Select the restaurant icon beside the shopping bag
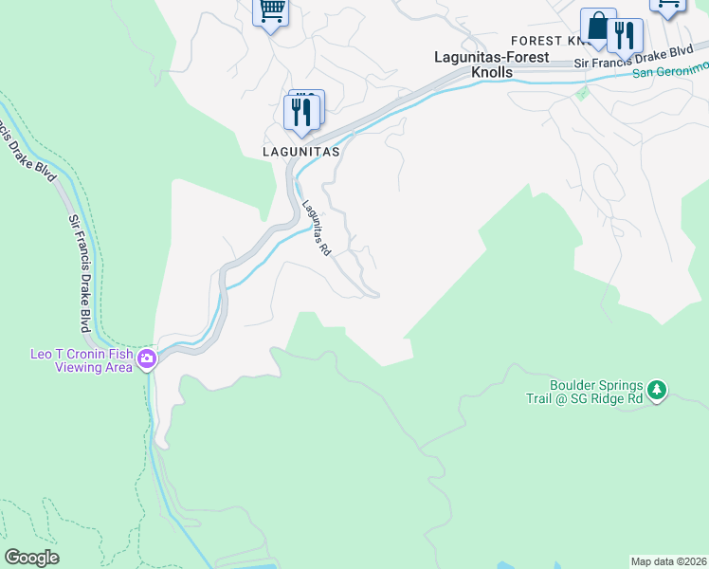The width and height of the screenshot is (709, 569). coord(625,36)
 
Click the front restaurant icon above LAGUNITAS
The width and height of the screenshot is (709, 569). coord(301,113)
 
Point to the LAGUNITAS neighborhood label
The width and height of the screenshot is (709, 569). coord(301,151)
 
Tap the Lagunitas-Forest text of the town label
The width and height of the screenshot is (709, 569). coord(491,57)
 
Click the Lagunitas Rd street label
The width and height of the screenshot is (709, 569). coord(316,228)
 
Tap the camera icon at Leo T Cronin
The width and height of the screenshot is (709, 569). coord(147,359)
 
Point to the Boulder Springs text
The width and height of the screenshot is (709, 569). coord(596,386)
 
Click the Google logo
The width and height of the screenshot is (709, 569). coord(31,558)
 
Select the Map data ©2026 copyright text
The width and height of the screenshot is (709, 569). coord(668,561)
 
